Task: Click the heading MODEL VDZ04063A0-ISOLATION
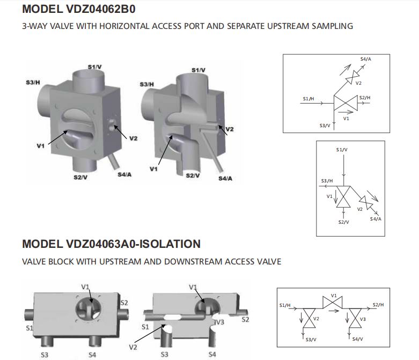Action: [111, 244]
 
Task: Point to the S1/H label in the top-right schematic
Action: [308, 99]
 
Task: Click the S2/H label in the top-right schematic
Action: [365, 97]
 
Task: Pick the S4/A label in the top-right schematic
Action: [365, 58]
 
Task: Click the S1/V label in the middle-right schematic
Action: [342, 149]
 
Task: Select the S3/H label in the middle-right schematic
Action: [327, 181]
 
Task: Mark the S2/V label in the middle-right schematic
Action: [343, 222]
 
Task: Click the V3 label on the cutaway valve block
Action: [219, 322]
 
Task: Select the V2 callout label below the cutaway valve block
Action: [132, 348]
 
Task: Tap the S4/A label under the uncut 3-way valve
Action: [124, 173]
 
